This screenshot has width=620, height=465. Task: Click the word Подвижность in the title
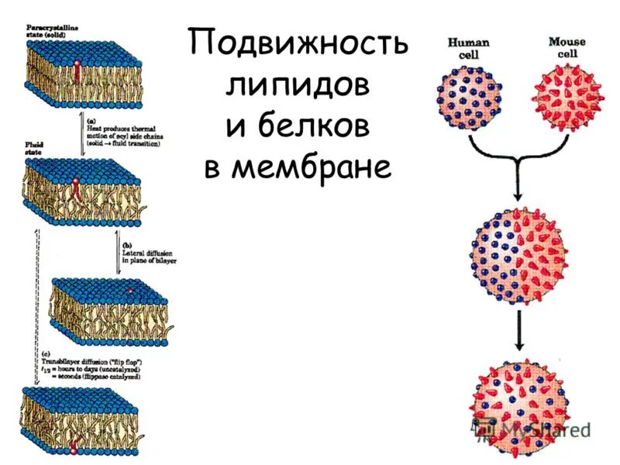point(298,45)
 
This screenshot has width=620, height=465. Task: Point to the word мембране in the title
point(298,167)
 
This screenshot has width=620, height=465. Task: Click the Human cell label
point(467,47)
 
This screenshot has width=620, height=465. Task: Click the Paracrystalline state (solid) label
point(49,31)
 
